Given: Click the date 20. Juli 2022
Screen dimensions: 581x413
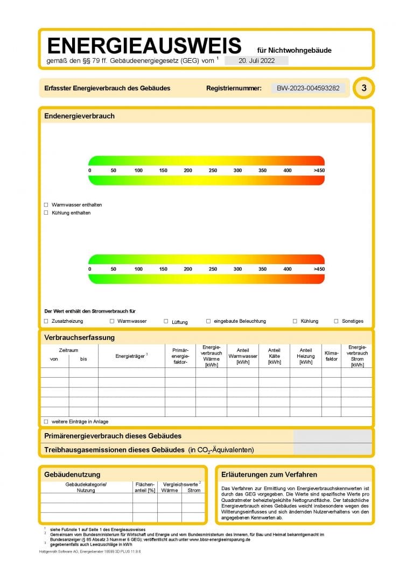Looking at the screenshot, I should (x=256, y=61).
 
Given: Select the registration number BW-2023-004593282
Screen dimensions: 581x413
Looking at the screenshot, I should (x=309, y=88).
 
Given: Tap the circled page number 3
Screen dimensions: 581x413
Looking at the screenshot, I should (x=364, y=88).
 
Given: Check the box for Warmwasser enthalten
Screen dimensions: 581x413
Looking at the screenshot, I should (x=46, y=205).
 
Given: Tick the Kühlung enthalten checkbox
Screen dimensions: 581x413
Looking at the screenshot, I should (x=46, y=212).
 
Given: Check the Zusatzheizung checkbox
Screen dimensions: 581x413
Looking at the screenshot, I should (x=46, y=321).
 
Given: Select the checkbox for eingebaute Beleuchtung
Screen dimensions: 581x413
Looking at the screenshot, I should (x=208, y=321).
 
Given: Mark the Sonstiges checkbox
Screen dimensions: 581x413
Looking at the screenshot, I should (x=336, y=321).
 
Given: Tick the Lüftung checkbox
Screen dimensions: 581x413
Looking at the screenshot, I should (x=166, y=321).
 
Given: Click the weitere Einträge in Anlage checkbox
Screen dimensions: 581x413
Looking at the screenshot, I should (x=46, y=421).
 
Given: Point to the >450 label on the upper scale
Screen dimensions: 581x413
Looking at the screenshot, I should (x=319, y=171).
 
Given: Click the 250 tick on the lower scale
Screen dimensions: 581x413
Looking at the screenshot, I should (x=213, y=269).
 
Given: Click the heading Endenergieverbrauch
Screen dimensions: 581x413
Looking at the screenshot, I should (x=79, y=116).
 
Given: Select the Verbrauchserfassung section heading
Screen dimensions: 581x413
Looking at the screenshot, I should (x=79, y=338).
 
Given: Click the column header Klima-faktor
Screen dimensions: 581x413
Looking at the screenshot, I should (x=332, y=356).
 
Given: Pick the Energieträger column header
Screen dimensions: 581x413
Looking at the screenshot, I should (x=131, y=356).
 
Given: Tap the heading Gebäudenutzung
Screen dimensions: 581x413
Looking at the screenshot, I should (x=72, y=474).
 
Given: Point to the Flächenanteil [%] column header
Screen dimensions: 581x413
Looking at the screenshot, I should (x=145, y=487).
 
